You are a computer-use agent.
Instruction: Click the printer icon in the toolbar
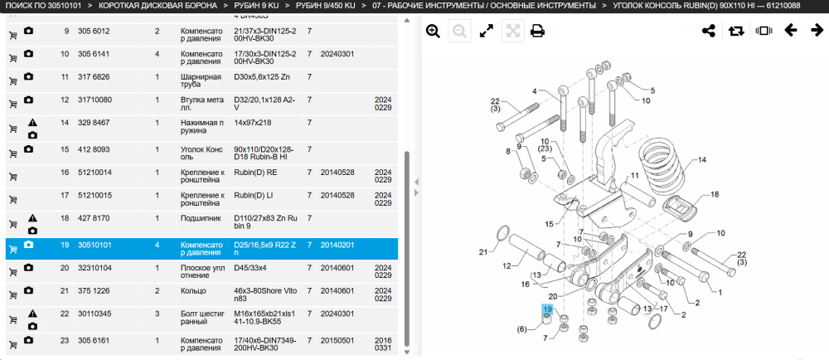tap(538, 32)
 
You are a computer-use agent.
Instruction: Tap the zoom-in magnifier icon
tap(433, 32)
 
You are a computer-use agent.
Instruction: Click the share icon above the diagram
tap(709, 31)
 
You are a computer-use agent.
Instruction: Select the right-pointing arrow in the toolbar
tap(817, 31)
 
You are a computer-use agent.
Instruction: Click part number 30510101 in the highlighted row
tap(95, 246)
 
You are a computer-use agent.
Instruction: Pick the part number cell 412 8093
tap(94, 149)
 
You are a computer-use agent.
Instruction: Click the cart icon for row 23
tap(13, 345)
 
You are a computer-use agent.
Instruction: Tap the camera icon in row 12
tap(28, 100)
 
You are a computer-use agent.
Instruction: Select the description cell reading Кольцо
tap(193, 291)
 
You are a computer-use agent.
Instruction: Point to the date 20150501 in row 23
tap(337, 340)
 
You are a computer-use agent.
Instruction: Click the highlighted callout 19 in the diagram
tap(547, 309)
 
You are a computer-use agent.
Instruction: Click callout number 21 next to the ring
tap(482, 252)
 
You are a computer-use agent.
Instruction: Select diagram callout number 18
tap(715, 195)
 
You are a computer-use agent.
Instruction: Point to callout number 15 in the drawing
tap(549, 224)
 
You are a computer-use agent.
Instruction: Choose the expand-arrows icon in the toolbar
tap(487, 32)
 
